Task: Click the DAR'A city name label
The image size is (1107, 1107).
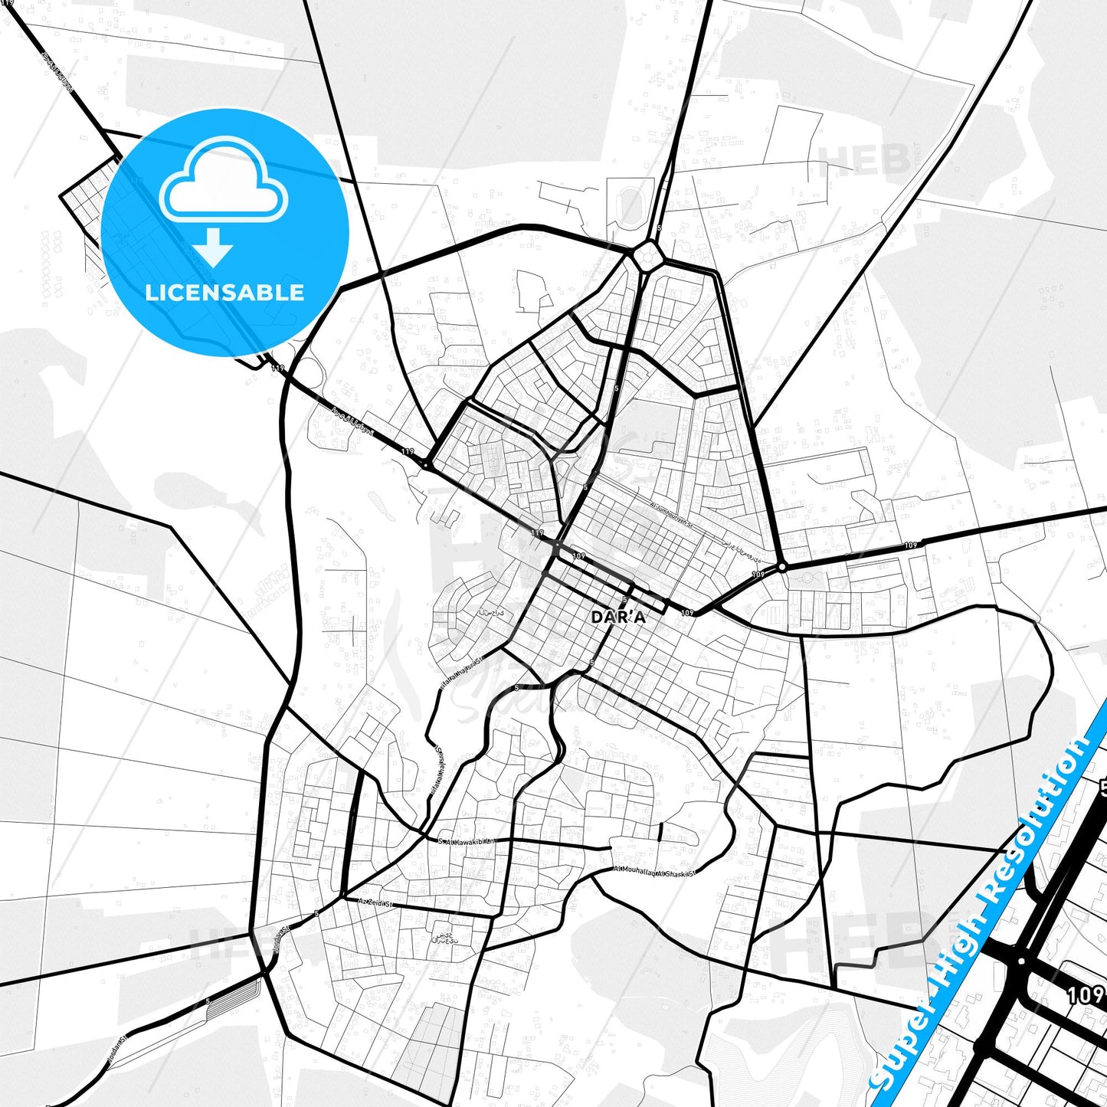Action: [x=618, y=617]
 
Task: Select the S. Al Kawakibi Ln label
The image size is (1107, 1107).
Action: [x=467, y=841]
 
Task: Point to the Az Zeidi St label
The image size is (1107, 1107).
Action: [x=375, y=903]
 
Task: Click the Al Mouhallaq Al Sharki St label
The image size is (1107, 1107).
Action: [x=655, y=872]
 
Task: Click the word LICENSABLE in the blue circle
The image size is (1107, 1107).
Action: [x=224, y=293]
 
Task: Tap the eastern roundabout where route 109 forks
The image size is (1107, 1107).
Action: [x=781, y=567]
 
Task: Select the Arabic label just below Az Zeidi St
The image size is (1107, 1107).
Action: [x=444, y=938]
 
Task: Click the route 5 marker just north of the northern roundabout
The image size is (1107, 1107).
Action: [x=659, y=228]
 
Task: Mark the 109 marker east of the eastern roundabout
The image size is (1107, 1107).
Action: [x=911, y=545]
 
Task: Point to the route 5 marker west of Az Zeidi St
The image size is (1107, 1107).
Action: [x=316, y=914]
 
